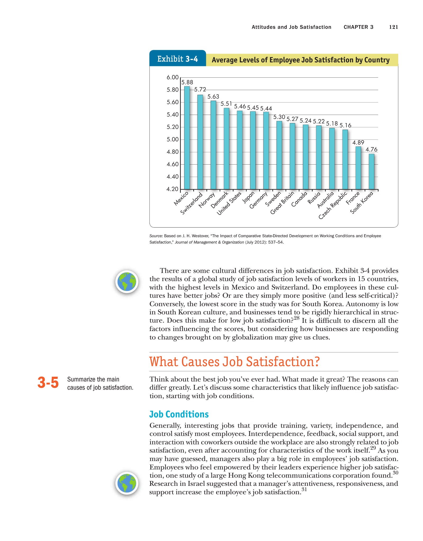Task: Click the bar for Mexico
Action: (187, 138)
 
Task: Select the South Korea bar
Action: (371, 171)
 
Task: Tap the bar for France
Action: (358, 168)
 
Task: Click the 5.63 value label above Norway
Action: (213, 97)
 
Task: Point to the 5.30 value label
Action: (279, 117)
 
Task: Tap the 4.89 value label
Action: (358, 143)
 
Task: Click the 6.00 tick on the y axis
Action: (172, 77)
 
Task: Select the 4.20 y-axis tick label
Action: (172, 189)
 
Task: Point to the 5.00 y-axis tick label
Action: (172, 139)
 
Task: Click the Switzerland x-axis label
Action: (191, 203)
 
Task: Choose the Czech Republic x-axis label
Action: (333, 205)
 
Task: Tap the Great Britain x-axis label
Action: (282, 203)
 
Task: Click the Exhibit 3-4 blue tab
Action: (177, 59)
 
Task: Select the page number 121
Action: (393, 27)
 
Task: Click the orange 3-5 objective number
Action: (48, 383)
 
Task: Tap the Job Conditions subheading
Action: (179, 414)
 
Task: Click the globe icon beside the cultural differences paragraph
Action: (127, 282)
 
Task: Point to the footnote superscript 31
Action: (304, 489)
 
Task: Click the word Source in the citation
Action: (156, 236)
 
